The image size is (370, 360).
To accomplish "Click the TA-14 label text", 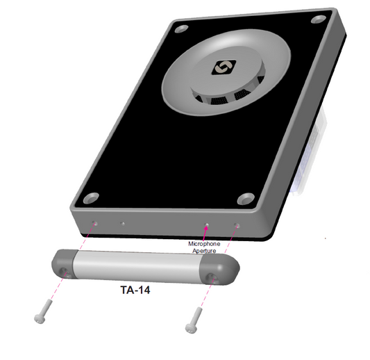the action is (x=135, y=290).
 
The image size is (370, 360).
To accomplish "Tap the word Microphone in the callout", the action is (x=204, y=244).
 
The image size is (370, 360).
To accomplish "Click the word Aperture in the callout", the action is (x=204, y=251).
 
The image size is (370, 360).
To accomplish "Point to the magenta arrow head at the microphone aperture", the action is (x=206, y=227).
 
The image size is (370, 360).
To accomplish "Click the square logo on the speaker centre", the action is (x=224, y=67).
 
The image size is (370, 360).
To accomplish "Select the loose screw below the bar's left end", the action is (x=43, y=311).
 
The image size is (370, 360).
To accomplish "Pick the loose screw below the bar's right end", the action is (x=194, y=320).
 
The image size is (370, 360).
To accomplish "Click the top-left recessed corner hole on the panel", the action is (x=181, y=29).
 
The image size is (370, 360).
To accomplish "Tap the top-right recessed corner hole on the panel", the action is (x=319, y=19).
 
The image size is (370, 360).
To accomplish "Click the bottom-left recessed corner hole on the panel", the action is (x=91, y=198).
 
